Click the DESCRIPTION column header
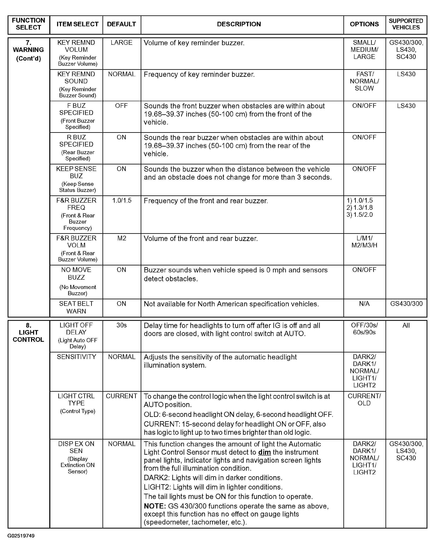pos(239,24)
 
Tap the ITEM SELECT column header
pos(77,24)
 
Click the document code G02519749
pos(21,536)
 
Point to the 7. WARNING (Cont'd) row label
pos(28,50)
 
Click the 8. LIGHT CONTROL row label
pos(28,332)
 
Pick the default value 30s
pos(122,325)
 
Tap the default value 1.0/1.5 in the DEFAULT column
pos(122,201)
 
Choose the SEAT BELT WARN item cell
pos(76,307)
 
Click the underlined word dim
pos(264,452)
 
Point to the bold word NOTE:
pos(155,506)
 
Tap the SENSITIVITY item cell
pos(76,357)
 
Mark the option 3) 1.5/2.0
pos(359,215)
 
